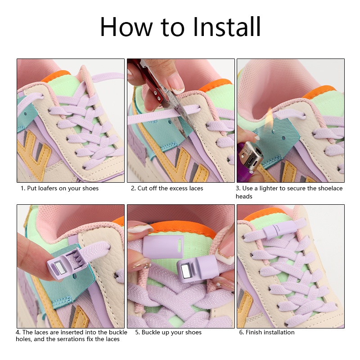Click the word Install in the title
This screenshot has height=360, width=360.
point(226,27)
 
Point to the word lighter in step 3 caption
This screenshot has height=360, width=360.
point(268,189)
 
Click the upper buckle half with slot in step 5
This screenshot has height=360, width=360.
point(164,246)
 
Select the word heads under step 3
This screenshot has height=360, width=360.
point(244,197)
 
